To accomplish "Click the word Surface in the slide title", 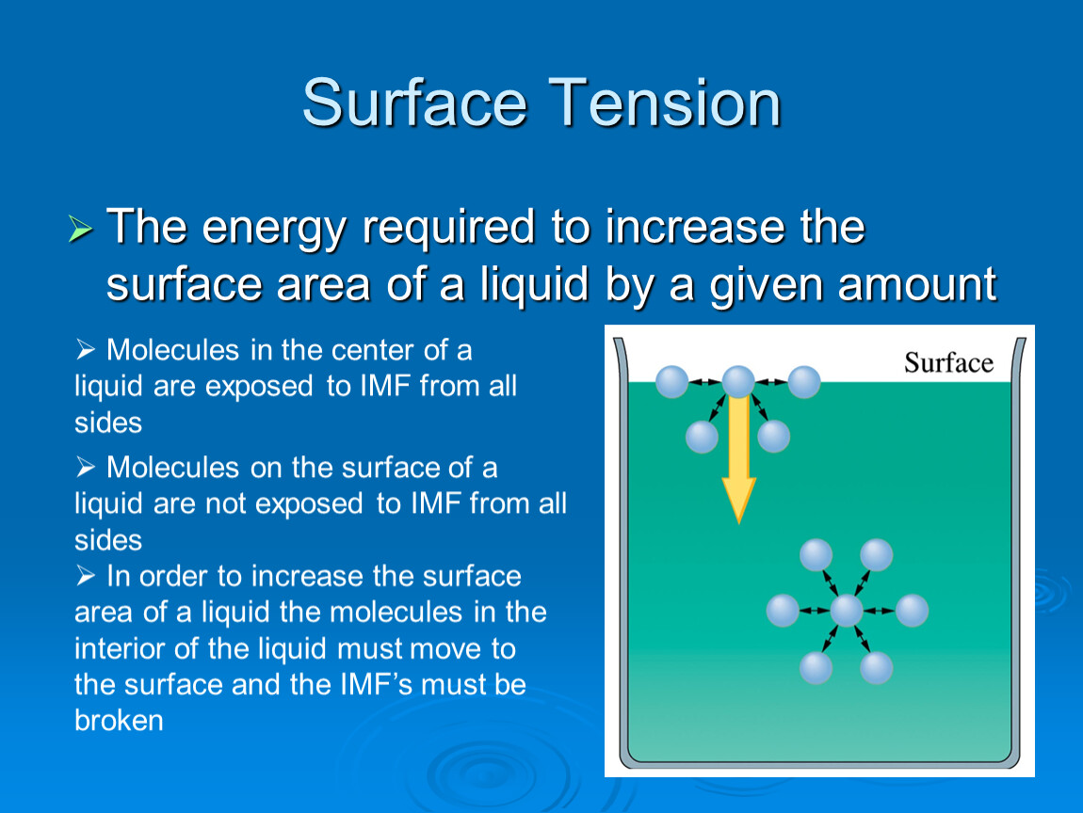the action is (415, 103).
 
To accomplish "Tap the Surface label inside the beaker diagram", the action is (948, 362).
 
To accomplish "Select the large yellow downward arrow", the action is (738, 458).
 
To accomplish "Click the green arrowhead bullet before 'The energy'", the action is (80, 229).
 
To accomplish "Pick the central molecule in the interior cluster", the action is (847, 611).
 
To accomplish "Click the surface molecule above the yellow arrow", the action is (738, 382).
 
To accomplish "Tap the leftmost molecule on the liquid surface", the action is (671, 382).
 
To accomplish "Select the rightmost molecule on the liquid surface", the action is (804, 382).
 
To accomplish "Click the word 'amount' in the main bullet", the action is (917, 284).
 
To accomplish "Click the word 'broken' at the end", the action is (119, 721).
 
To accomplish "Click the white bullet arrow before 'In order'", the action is (86, 576).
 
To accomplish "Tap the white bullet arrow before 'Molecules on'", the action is (86, 468).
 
